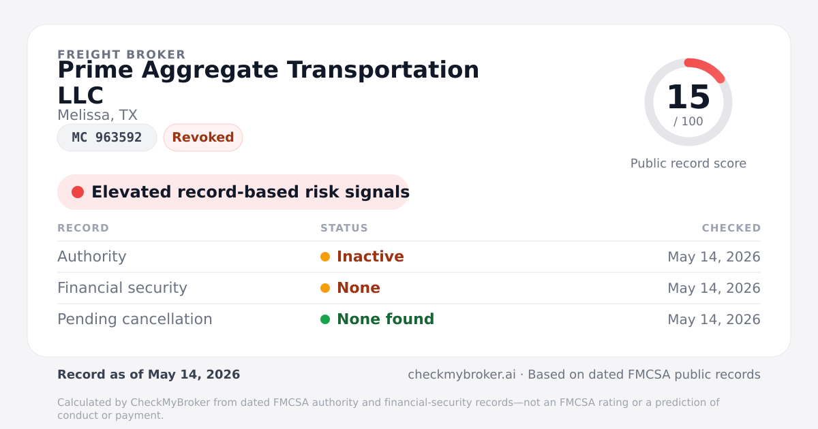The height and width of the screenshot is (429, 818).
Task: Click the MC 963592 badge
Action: [107, 138]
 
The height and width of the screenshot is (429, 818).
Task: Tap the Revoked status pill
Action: [203, 138]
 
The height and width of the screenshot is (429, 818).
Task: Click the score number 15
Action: [688, 97]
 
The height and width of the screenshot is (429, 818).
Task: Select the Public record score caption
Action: [688, 163]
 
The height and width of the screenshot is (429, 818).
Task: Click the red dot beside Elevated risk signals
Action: [78, 192]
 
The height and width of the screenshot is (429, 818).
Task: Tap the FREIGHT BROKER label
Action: [121, 54]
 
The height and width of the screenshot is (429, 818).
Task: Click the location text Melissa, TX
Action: [97, 115]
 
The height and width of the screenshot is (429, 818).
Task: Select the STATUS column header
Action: [344, 228]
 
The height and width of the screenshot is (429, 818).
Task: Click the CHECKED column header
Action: [731, 228]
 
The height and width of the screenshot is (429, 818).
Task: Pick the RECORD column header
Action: [83, 228]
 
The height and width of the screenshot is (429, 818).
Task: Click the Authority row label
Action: [91, 257]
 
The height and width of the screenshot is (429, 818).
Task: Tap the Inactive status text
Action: [370, 257]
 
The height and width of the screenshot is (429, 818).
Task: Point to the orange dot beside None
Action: [325, 288]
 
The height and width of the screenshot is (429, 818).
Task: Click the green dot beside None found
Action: [325, 319]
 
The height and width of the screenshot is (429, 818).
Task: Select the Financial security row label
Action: [122, 288]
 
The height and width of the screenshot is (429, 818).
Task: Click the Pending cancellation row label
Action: [135, 319]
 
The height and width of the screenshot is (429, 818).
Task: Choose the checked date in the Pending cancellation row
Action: [714, 319]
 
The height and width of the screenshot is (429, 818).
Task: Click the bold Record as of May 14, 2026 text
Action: [149, 375]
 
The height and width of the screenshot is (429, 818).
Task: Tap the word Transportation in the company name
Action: [382, 70]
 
